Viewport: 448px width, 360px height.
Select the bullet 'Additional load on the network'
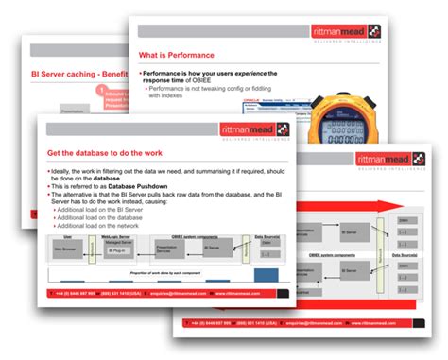98,226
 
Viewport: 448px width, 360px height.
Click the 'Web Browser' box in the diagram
69,249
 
